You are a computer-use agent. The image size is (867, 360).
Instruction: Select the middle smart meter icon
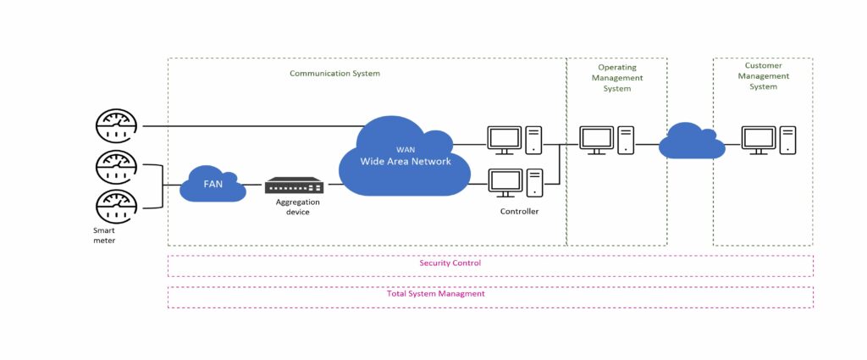tap(116, 166)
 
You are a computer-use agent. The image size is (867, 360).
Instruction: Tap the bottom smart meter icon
tap(116, 206)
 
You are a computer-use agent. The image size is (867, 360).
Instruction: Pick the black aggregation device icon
tap(294, 186)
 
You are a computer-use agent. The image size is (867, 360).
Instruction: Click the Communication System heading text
tap(334, 74)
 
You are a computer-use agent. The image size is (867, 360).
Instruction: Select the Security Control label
tap(450, 263)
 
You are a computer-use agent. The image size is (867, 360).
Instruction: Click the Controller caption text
tap(519, 212)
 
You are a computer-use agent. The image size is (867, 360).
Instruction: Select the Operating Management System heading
tap(616, 77)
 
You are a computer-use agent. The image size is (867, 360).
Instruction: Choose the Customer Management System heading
tap(763, 75)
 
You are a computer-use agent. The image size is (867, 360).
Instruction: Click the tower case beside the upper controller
tap(533, 140)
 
